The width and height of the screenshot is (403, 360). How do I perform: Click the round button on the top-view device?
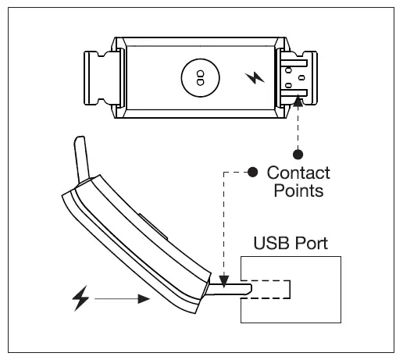pos(199,77)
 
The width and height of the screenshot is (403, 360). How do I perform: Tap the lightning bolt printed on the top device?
pos(255,79)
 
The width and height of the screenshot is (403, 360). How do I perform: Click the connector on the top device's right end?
pos(298,78)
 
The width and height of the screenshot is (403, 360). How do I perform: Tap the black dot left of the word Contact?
pos(252,172)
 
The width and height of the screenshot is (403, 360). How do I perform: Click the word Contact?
pos(298,173)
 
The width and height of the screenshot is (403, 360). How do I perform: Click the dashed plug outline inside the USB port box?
pos(270,289)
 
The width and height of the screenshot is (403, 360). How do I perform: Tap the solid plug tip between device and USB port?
pos(231,290)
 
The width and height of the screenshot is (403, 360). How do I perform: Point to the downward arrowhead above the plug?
pos(223,277)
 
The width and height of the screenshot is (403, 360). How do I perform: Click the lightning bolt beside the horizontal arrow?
pos(81,298)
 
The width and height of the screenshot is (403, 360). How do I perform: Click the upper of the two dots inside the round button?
pos(199,74)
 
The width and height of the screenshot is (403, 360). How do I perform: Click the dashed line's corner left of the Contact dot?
pos(224,172)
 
